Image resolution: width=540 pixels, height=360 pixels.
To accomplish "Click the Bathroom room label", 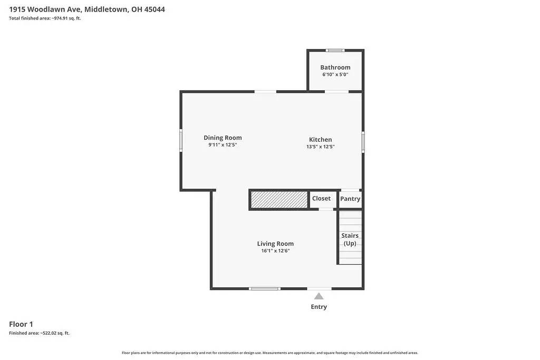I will (x=335, y=67).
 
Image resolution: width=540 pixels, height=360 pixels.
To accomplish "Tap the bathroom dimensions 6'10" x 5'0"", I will (x=335, y=75).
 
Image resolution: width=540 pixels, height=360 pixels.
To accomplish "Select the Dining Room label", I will (x=223, y=138).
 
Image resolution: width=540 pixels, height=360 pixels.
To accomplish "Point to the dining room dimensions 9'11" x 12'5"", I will (x=223, y=144).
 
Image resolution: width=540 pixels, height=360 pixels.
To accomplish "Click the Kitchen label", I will (x=320, y=140).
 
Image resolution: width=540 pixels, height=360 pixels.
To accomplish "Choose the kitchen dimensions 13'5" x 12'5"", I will (x=321, y=147).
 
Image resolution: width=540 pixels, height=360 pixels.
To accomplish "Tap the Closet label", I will (x=321, y=199).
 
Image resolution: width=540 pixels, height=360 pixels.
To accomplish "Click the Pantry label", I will (x=350, y=199).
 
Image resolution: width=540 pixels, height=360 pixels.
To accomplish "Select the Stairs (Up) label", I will (x=350, y=239).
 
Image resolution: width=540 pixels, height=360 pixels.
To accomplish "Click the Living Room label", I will (x=275, y=244).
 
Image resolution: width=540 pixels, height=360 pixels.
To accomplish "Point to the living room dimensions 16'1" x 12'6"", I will (x=275, y=251).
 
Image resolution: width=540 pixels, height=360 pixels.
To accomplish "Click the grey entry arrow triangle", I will (x=319, y=296).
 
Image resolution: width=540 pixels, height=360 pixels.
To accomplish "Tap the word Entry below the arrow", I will (x=319, y=307).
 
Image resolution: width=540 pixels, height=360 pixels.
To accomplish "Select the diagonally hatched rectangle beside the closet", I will (x=279, y=200).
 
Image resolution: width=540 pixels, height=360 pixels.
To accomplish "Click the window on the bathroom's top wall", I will (x=335, y=51).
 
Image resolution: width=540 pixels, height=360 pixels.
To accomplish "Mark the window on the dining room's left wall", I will (x=181, y=141).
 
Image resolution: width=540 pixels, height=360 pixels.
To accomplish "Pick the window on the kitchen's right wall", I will (x=363, y=142).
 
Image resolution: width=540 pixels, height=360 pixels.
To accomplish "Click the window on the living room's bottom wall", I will (x=264, y=288).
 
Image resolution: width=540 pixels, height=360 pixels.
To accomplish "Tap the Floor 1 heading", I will (x=21, y=324).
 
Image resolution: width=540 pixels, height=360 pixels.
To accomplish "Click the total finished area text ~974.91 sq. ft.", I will (x=45, y=18).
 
